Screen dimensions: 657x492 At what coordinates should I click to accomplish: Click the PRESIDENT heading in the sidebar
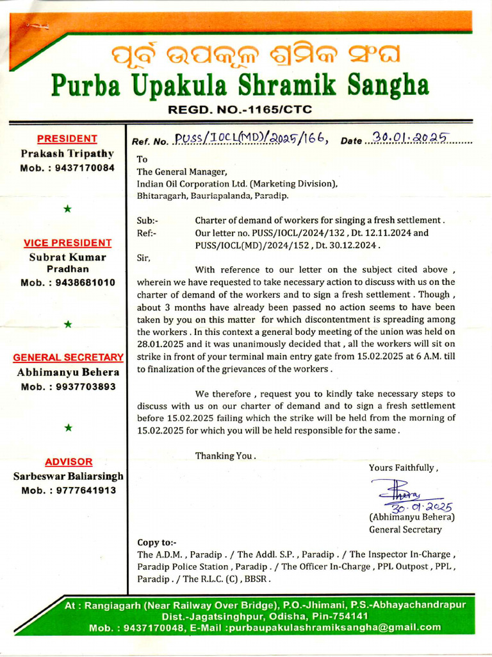[67, 138]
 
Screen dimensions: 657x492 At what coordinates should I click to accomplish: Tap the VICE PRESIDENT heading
[67, 243]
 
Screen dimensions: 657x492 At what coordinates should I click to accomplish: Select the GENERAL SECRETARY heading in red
[68, 357]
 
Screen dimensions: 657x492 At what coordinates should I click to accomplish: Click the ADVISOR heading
[69, 461]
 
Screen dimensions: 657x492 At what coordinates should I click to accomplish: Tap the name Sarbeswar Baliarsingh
[68, 476]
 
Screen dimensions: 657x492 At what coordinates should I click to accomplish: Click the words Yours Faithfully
[403, 468]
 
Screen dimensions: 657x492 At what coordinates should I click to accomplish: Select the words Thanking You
[225, 456]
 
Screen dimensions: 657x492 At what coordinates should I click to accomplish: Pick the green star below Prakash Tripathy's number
[68, 209]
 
